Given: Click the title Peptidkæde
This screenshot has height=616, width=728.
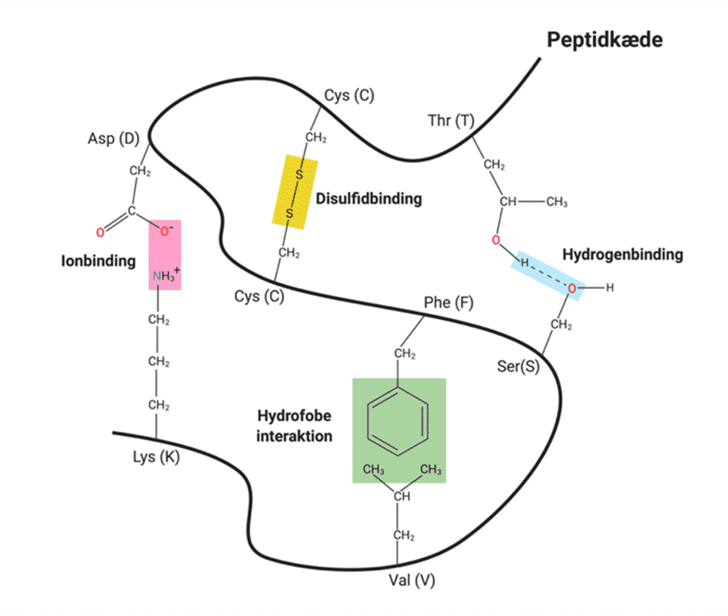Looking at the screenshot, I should [x=604, y=40].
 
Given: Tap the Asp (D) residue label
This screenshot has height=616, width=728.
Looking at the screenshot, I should [x=113, y=138].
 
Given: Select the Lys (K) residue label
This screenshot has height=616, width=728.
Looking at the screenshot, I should [x=155, y=457].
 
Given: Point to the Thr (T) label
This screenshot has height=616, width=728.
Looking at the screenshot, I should [x=450, y=121].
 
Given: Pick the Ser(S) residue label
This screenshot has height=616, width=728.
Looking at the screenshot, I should [x=519, y=365].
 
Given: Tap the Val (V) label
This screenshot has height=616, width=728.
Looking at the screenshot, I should [x=411, y=581].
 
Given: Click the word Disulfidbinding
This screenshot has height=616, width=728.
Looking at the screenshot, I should [x=369, y=198].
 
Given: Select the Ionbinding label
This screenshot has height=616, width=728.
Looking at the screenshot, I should [x=97, y=261].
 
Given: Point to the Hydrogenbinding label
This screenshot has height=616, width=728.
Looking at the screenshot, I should [x=622, y=255].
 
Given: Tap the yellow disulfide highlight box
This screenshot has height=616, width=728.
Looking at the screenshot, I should [x=295, y=190].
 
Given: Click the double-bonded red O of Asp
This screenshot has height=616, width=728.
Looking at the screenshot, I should [x=100, y=233].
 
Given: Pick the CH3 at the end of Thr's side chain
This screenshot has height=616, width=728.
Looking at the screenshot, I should [x=556, y=202].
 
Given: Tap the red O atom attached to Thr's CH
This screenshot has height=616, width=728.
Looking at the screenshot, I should [x=495, y=240].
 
